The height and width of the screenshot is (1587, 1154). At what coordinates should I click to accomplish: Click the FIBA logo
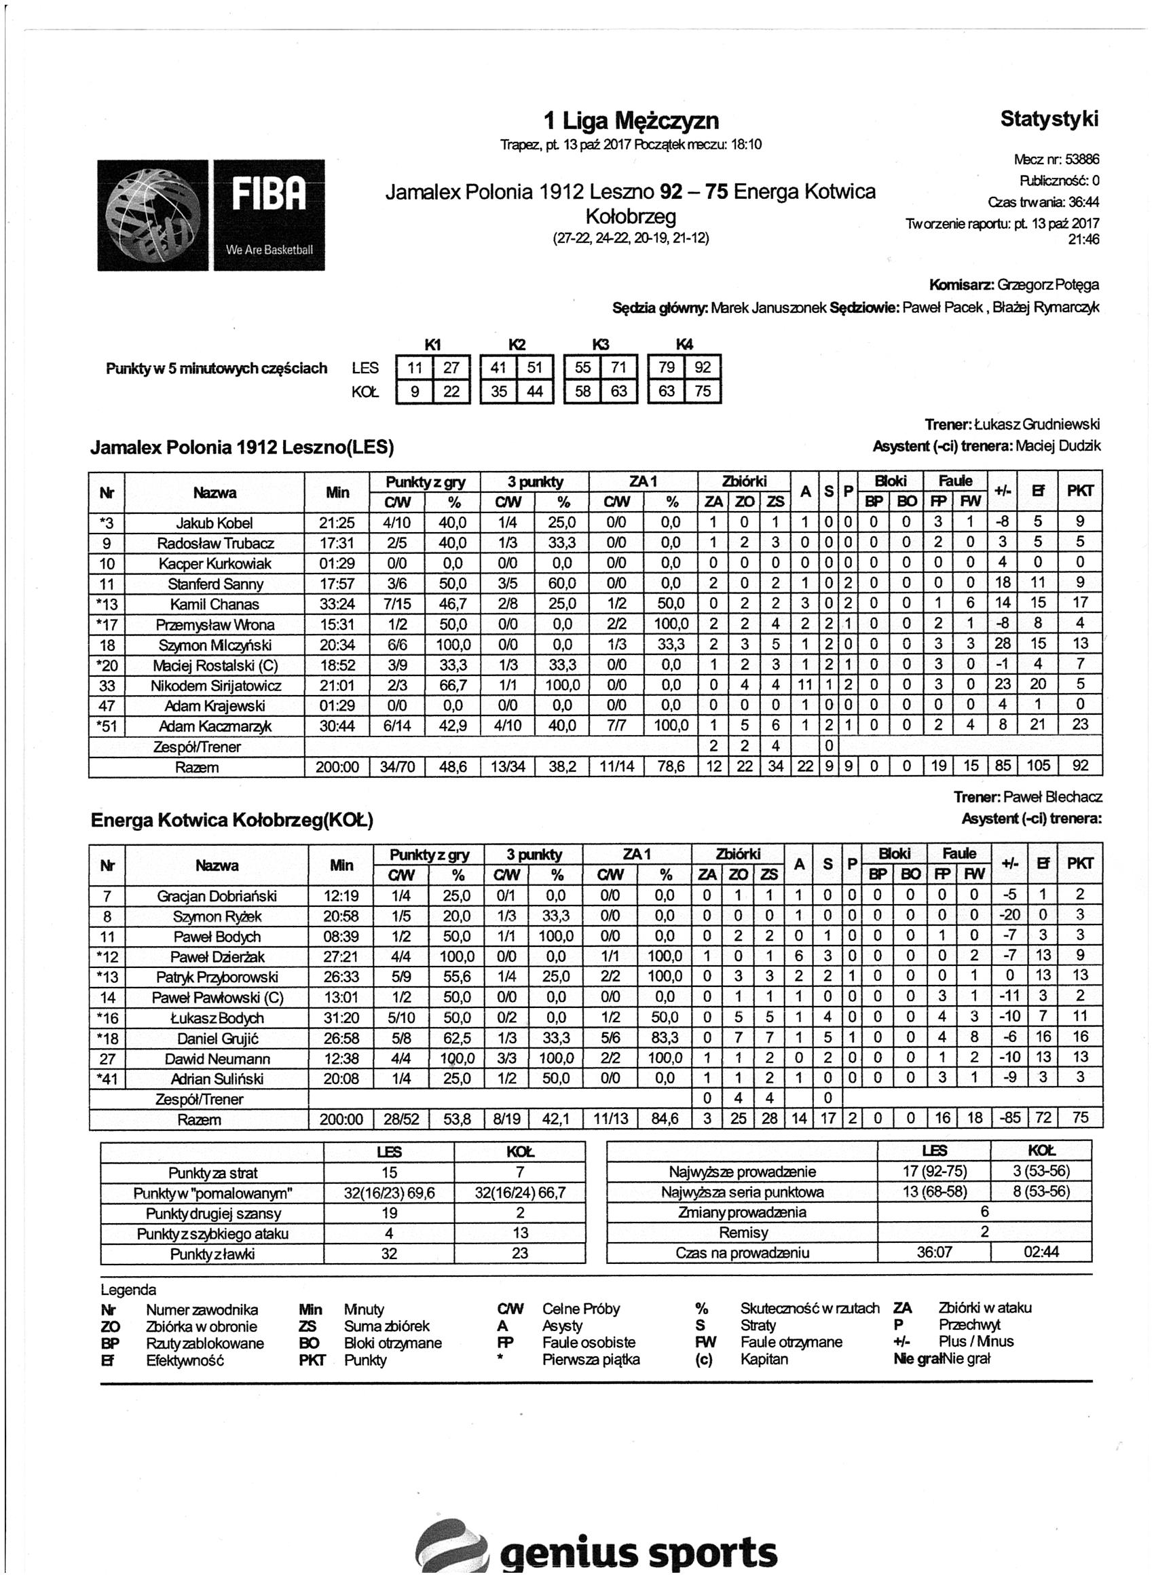pos(210,214)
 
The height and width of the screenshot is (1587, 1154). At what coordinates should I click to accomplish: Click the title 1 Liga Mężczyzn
pos(631,121)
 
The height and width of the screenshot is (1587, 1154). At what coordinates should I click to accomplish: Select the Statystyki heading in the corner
pos(1048,119)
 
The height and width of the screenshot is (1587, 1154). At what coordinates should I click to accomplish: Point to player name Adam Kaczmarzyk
pos(215,726)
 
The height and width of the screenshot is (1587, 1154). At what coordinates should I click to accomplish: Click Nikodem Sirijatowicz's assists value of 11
pos(805,686)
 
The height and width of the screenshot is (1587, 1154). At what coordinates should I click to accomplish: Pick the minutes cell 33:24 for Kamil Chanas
pos(337,604)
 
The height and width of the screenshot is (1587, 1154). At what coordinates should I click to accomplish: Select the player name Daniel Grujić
pos(218,1039)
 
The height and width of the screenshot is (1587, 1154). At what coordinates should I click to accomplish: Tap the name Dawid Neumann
pos(218,1059)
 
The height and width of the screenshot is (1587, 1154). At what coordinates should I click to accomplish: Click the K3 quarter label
pos(601,344)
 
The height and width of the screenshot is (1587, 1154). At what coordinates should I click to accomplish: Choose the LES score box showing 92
pos(703,367)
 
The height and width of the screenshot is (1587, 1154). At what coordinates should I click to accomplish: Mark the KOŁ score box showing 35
pos(499,391)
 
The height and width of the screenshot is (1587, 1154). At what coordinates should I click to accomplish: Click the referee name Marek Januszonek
pos(769,308)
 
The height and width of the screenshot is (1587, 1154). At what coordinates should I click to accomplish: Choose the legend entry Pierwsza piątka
pos(591,1360)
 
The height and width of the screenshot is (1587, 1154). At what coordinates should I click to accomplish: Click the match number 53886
pos(1081,160)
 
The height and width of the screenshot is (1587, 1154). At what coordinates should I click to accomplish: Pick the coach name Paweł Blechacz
pos(1051,797)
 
